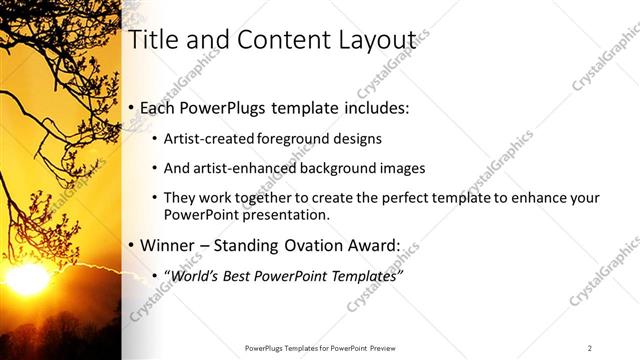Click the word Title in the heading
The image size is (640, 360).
pos(154,40)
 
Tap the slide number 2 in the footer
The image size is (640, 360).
pos(590,348)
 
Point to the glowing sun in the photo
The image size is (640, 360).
pos(27,278)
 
